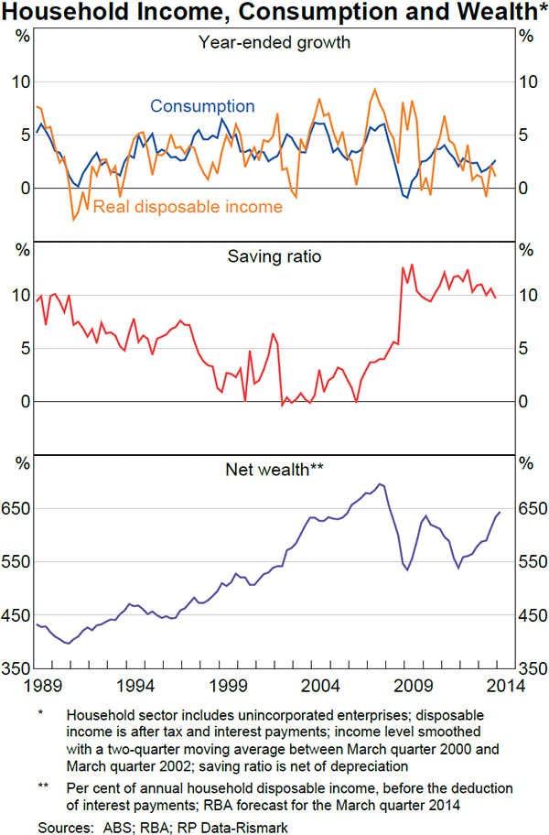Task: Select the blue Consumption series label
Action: [x=202, y=106]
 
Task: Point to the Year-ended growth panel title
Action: [x=274, y=41]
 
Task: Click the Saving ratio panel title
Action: [x=274, y=256]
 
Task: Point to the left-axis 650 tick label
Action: [x=17, y=509]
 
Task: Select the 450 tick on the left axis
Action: [x=17, y=615]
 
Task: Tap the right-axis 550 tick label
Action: [x=532, y=562]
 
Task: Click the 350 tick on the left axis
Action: [x=17, y=668]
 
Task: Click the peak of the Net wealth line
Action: [x=381, y=483]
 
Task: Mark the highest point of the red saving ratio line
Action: [x=412, y=265]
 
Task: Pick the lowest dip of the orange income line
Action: [x=74, y=220]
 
